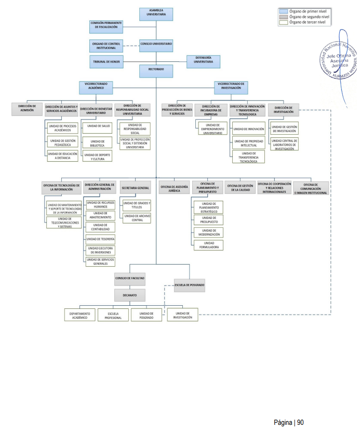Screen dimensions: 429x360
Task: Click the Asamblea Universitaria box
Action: [x=156, y=14]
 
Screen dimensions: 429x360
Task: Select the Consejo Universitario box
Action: [x=156, y=45]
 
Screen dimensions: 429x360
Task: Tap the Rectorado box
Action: [x=156, y=69]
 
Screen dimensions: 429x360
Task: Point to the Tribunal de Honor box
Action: [x=105, y=61]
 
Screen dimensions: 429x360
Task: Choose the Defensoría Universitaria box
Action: [x=203, y=61]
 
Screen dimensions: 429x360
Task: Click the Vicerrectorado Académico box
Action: [x=95, y=86]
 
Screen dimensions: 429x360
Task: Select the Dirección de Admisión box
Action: [x=27, y=108]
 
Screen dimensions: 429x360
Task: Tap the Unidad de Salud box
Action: [x=98, y=126]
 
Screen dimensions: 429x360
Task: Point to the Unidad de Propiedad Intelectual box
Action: [x=249, y=142]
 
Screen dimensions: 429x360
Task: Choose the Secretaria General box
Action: [x=135, y=188]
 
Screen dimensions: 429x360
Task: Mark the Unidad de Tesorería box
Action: [x=100, y=239]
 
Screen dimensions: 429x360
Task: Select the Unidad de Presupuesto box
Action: [x=208, y=220]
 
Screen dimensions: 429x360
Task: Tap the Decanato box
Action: [x=130, y=295]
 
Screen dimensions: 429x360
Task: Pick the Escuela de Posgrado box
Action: [x=190, y=285]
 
